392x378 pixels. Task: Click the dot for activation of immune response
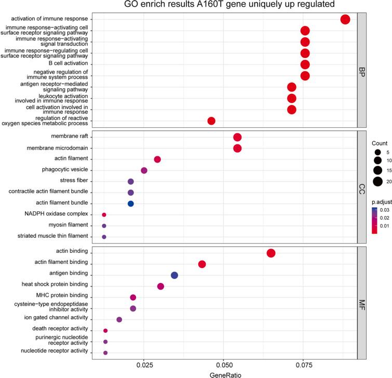[345, 20]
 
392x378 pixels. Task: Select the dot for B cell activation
[305, 64]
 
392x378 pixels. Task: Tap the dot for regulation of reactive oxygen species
[211, 121]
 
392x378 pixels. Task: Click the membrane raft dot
[237, 137]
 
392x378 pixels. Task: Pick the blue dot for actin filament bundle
[131, 189]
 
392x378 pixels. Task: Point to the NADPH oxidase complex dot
[104, 200]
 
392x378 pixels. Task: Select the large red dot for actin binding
[271, 253]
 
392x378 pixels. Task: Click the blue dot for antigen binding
[174, 275]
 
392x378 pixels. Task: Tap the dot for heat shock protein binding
[160, 287]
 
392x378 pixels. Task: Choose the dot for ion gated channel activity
[119, 320]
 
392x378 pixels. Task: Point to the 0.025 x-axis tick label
[144, 365]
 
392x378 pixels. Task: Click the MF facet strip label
[362, 303]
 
